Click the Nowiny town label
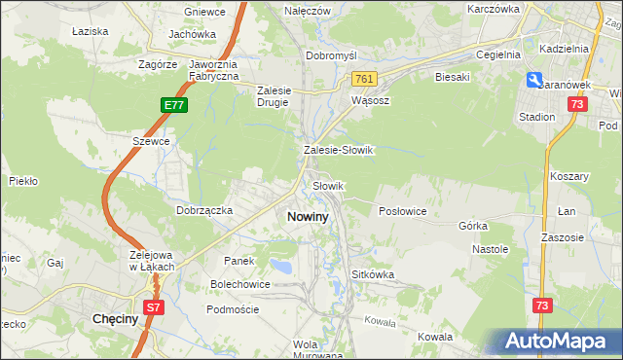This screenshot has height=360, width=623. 308,217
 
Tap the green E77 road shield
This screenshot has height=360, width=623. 171,103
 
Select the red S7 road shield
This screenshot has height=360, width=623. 153,306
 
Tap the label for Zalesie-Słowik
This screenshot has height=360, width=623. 339,151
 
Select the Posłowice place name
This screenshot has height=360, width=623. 402,211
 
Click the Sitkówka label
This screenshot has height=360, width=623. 373,275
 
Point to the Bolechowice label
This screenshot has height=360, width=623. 240,284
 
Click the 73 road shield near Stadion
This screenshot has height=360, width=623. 578,103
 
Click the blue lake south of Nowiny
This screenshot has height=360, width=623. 281,266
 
